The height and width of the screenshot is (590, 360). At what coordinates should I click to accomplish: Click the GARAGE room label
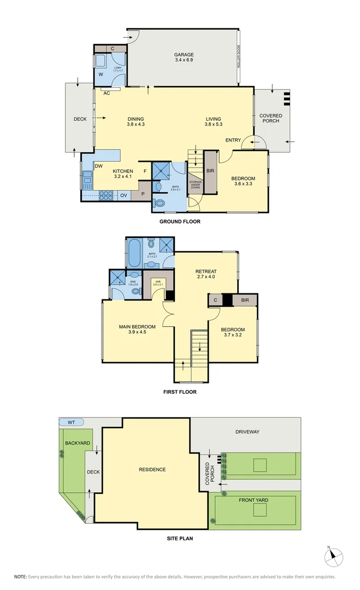(x=184, y=55)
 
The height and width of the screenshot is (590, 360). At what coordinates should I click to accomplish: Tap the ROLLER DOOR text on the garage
(x=239, y=56)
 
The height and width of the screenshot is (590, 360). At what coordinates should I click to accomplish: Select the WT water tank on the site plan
(x=71, y=422)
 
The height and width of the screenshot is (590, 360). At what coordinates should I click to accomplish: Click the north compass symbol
(x=333, y=557)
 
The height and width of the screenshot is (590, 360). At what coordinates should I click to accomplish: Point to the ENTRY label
(x=233, y=140)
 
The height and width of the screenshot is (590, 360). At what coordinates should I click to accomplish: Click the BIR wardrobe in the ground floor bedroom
(x=210, y=171)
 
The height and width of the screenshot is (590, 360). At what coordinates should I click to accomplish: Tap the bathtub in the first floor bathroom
(x=134, y=252)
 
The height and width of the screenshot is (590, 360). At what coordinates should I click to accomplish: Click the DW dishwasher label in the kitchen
(x=99, y=166)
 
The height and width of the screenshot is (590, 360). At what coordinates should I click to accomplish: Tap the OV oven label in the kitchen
(x=123, y=196)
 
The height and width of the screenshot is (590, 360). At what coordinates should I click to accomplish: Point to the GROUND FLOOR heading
(x=180, y=222)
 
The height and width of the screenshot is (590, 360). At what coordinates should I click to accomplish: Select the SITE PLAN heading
(x=180, y=538)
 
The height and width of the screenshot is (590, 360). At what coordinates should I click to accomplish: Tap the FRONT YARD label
(x=253, y=500)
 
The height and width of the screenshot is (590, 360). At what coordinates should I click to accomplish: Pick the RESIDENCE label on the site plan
(x=152, y=469)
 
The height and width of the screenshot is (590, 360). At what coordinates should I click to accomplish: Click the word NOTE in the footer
(x=20, y=576)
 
